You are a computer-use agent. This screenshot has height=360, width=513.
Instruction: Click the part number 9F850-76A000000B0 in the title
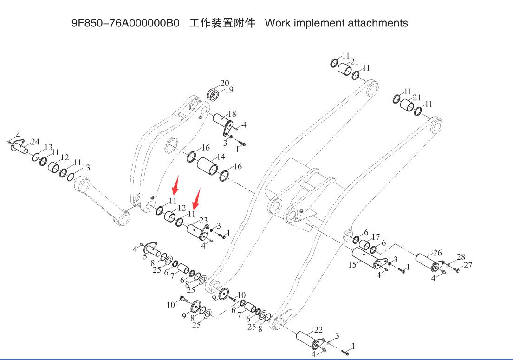pyautogui.click(x=125, y=23)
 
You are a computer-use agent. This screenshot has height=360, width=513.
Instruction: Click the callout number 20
pyautogui.click(x=225, y=83)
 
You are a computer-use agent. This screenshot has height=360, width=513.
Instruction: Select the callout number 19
pyautogui.click(x=229, y=90)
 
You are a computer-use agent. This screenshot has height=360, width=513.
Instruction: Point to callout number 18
pyautogui.click(x=232, y=114)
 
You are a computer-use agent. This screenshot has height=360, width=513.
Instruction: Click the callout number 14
pyautogui.click(x=221, y=157)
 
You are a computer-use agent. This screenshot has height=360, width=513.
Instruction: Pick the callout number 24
pyautogui.click(x=35, y=142)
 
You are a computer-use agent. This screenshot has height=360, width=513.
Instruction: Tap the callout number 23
pyautogui.click(x=203, y=221)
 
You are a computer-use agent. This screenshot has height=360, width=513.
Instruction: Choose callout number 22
pyautogui.click(x=318, y=330)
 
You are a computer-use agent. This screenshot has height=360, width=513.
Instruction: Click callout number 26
pyautogui.click(x=437, y=253)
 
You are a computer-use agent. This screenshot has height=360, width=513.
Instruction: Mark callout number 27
pyautogui.click(x=468, y=265)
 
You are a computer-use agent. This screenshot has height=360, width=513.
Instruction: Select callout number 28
pyautogui.click(x=461, y=257)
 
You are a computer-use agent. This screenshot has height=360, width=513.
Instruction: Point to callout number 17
pyautogui.click(x=376, y=237)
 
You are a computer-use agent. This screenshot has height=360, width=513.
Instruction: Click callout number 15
pyautogui.click(x=352, y=265)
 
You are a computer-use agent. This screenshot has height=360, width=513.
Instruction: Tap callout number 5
pyautogui.click(x=145, y=256)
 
